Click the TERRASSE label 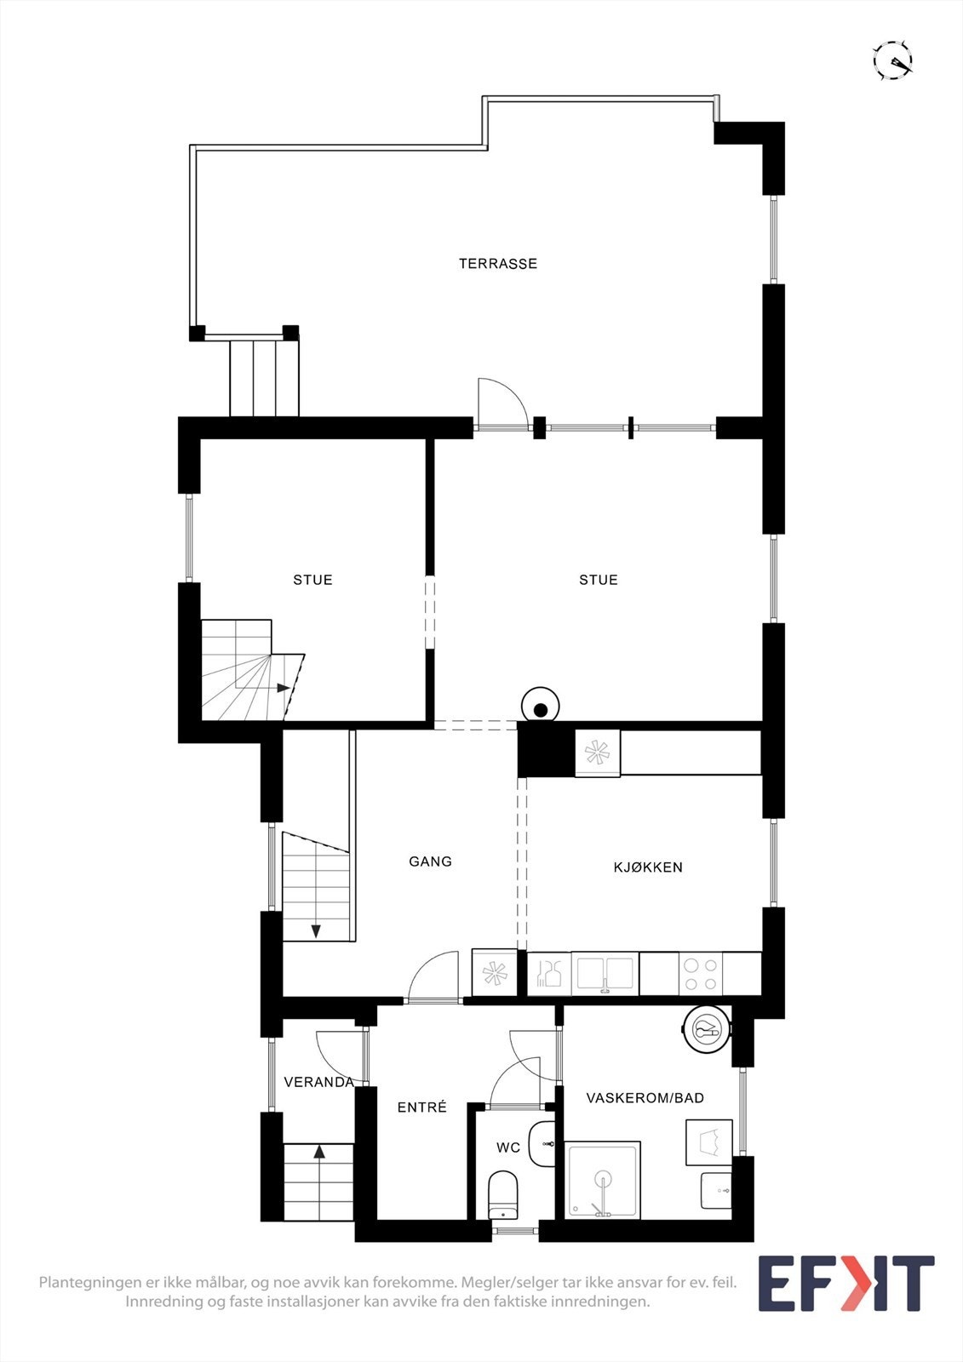click(x=498, y=264)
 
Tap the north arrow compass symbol click(x=893, y=60)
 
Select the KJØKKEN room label click(x=648, y=867)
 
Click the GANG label click(x=430, y=861)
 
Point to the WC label click(x=508, y=1148)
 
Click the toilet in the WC click(x=503, y=1194)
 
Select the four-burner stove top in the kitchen click(x=701, y=974)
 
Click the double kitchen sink click(x=605, y=972)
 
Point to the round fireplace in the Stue click(x=540, y=707)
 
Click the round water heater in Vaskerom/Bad click(x=706, y=1030)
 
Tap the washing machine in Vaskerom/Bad click(x=709, y=1142)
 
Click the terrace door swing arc click(x=498, y=400)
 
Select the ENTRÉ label click(x=422, y=1107)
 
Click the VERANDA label click(x=318, y=1083)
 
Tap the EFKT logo click(x=845, y=1284)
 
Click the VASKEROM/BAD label click(x=645, y=1098)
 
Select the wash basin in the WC click(x=542, y=1143)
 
